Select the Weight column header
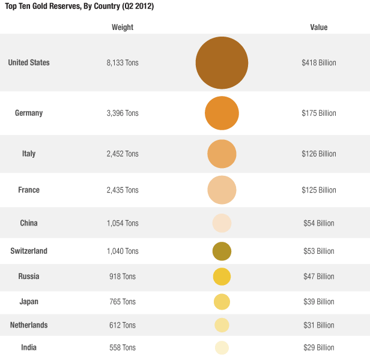point(123,28)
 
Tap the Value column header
point(319,28)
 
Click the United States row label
point(29,63)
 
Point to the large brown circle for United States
point(222,63)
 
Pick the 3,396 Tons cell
point(123,113)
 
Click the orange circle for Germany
point(222,113)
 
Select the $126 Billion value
point(319,154)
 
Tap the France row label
point(29,190)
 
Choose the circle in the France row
point(222,190)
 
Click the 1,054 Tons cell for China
point(123,223)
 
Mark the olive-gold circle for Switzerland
point(222,251)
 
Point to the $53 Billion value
point(319,251)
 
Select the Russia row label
point(29,277)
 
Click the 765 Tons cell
point(123,302)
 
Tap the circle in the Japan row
point(222,302)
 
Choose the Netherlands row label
point(29,325)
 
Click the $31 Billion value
point(319,325)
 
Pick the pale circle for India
point(222,347)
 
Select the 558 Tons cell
point(123,348)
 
